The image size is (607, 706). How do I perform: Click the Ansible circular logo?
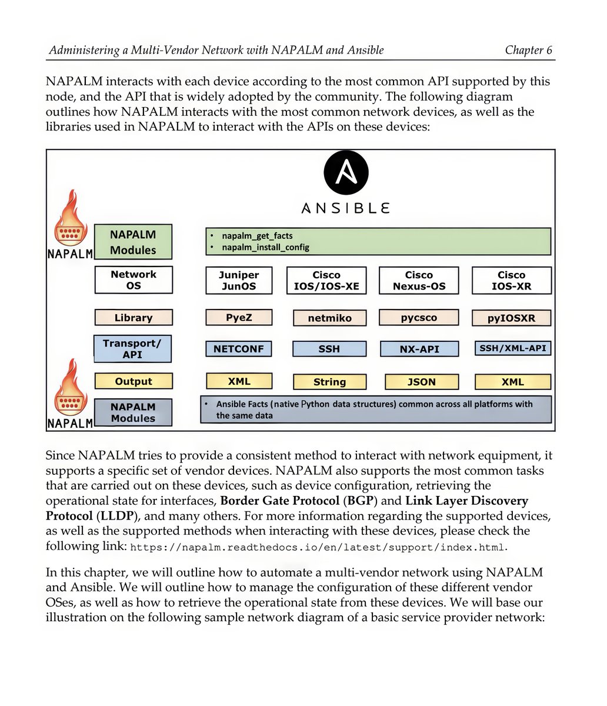346,174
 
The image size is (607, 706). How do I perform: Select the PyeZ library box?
239,318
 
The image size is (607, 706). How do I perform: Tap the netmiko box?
329,318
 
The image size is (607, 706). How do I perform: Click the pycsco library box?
419,318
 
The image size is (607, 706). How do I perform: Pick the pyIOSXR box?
512,318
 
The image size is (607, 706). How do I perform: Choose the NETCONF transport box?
239,349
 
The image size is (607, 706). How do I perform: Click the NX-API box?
419,349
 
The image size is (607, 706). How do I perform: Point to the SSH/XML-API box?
512,348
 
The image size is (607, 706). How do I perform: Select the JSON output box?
421,382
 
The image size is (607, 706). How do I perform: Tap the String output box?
329,382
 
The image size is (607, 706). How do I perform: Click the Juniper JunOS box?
239,281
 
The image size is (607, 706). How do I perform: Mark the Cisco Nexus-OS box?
419,281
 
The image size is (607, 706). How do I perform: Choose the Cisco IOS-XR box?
512,281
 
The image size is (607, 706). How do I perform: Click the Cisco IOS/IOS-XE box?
326,281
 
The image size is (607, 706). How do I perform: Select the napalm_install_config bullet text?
265,248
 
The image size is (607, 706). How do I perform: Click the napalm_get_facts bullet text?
257,236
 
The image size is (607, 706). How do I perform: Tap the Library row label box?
134,318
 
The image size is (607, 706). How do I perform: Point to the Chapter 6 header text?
528,50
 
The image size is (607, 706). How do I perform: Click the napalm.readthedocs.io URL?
317,547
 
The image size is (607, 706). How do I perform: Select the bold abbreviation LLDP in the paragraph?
116,516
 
